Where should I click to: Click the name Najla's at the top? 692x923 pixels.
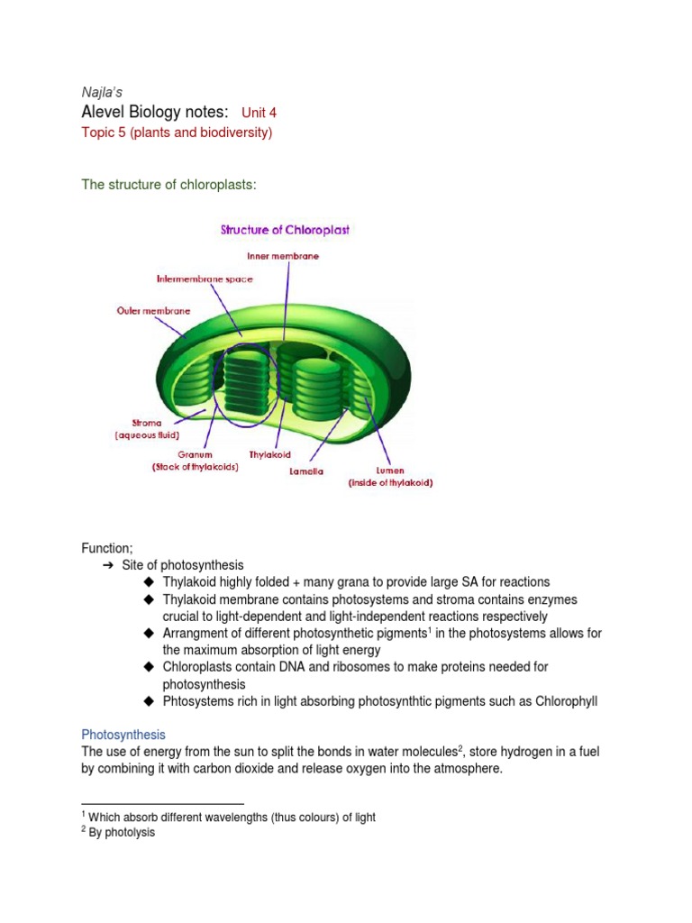[102, 91]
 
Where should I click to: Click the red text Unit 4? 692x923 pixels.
[259, 113]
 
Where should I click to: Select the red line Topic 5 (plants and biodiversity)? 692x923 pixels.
[177, 133]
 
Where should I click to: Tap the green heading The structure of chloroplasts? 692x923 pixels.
[169, 185]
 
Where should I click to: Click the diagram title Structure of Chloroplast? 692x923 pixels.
[285, 230]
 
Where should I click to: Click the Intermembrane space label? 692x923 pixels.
[205, 279]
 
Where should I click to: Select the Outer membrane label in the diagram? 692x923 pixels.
[153, 310]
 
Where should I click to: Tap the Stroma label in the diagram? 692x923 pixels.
[147, 422]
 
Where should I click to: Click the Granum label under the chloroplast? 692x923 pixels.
[195, 454]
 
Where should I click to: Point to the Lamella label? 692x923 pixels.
[306, 471]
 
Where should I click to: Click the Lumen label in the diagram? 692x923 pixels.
[390, 470]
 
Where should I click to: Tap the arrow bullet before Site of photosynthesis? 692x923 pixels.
[109, 565]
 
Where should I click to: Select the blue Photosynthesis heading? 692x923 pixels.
[123, 735]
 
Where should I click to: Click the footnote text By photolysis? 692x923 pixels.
[122, 833]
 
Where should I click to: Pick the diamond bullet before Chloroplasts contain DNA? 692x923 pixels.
[150, 667]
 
